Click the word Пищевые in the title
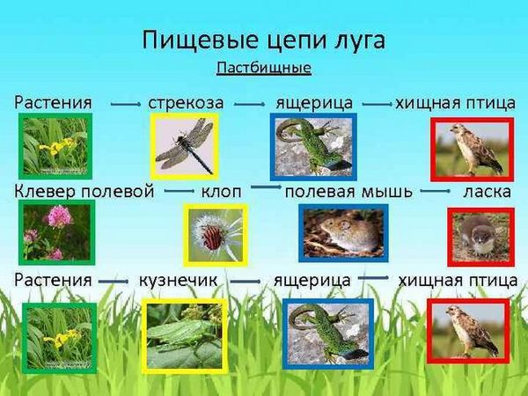(201, 40)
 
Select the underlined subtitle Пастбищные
(264, 68)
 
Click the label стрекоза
(186, 103)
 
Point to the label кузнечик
(178, 280)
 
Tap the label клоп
(221, 192)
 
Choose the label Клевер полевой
(84, 191)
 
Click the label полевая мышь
(348, 192)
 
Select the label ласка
(487, 192)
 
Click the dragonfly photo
(184, 146)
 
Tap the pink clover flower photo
(57, 232)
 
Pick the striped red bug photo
(216, 235)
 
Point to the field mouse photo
(343, 233)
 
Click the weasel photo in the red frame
(480, 237)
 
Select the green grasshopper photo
(185, 336)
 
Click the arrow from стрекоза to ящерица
(250, 105)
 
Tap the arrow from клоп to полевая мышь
(266, 187)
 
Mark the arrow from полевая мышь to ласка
(435, 191)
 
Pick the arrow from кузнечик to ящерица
(246, 282)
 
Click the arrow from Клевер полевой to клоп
(180, 191)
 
